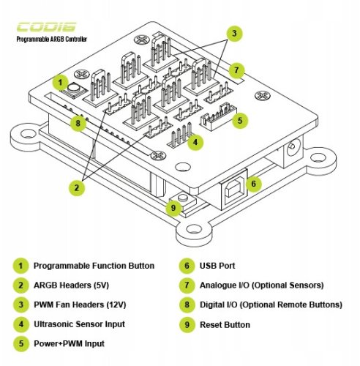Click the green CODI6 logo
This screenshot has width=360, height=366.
coord(47,27)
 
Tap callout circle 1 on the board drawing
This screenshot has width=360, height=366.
coord(60,83)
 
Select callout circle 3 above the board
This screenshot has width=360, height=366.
coord(234,34)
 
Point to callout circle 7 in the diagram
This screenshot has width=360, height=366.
coord(236,70)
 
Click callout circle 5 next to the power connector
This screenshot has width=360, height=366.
coord(240,120)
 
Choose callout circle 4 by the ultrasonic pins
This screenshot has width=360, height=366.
coord(195,142)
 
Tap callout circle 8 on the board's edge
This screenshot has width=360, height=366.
coord(78,123)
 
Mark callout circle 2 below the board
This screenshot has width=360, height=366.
coord(77,187)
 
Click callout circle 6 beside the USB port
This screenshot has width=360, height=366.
coord(254,184)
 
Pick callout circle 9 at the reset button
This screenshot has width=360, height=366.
coord(173,208)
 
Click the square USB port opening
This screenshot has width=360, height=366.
coord(235,188)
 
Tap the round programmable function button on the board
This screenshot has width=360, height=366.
coord(73,88)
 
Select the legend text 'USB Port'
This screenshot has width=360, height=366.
coord(217,266)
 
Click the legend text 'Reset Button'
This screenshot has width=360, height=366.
coord(225,325)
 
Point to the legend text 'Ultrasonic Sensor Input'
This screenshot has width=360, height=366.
coord(79,324)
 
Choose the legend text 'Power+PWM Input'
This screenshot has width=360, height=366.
coord(69,343)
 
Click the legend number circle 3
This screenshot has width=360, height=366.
coord(21,305)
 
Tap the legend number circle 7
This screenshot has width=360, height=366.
coord(187,285)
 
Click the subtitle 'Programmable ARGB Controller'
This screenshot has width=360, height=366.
coord(51,39)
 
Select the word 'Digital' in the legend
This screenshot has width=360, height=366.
coord(211,305)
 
